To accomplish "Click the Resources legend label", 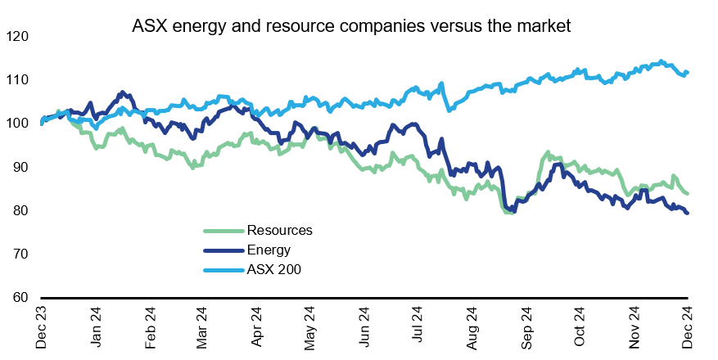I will pyautogui.click(x=279, y=231).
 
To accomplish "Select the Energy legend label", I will pyautogui.click(x=269, y=250).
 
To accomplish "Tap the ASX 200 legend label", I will pyautogui.click(x=274, y=270).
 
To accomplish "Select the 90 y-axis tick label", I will pyautogui.click(x=19, y=167).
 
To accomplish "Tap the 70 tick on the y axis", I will pyautogui.click(x=19, y=254).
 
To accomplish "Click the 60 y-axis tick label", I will pyautogui.click(x=19, y=297).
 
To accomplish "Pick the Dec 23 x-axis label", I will pyautogui.click(x=42, y=327).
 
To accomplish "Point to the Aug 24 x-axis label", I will pyautogui.click(x=472, y=327).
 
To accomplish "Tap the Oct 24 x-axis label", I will pyautogui.click(x=580, y=327).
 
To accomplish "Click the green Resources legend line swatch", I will pyautogui.click(x=224, y=231).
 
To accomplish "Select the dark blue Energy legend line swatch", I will pyautogui.click(x=224, y=250).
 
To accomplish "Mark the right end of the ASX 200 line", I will pyautogui.click(x=687, y=72).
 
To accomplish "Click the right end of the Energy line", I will pyautogui.click(x=687, y=213).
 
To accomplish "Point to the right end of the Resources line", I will pyautogui.click(x=687, y=193).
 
